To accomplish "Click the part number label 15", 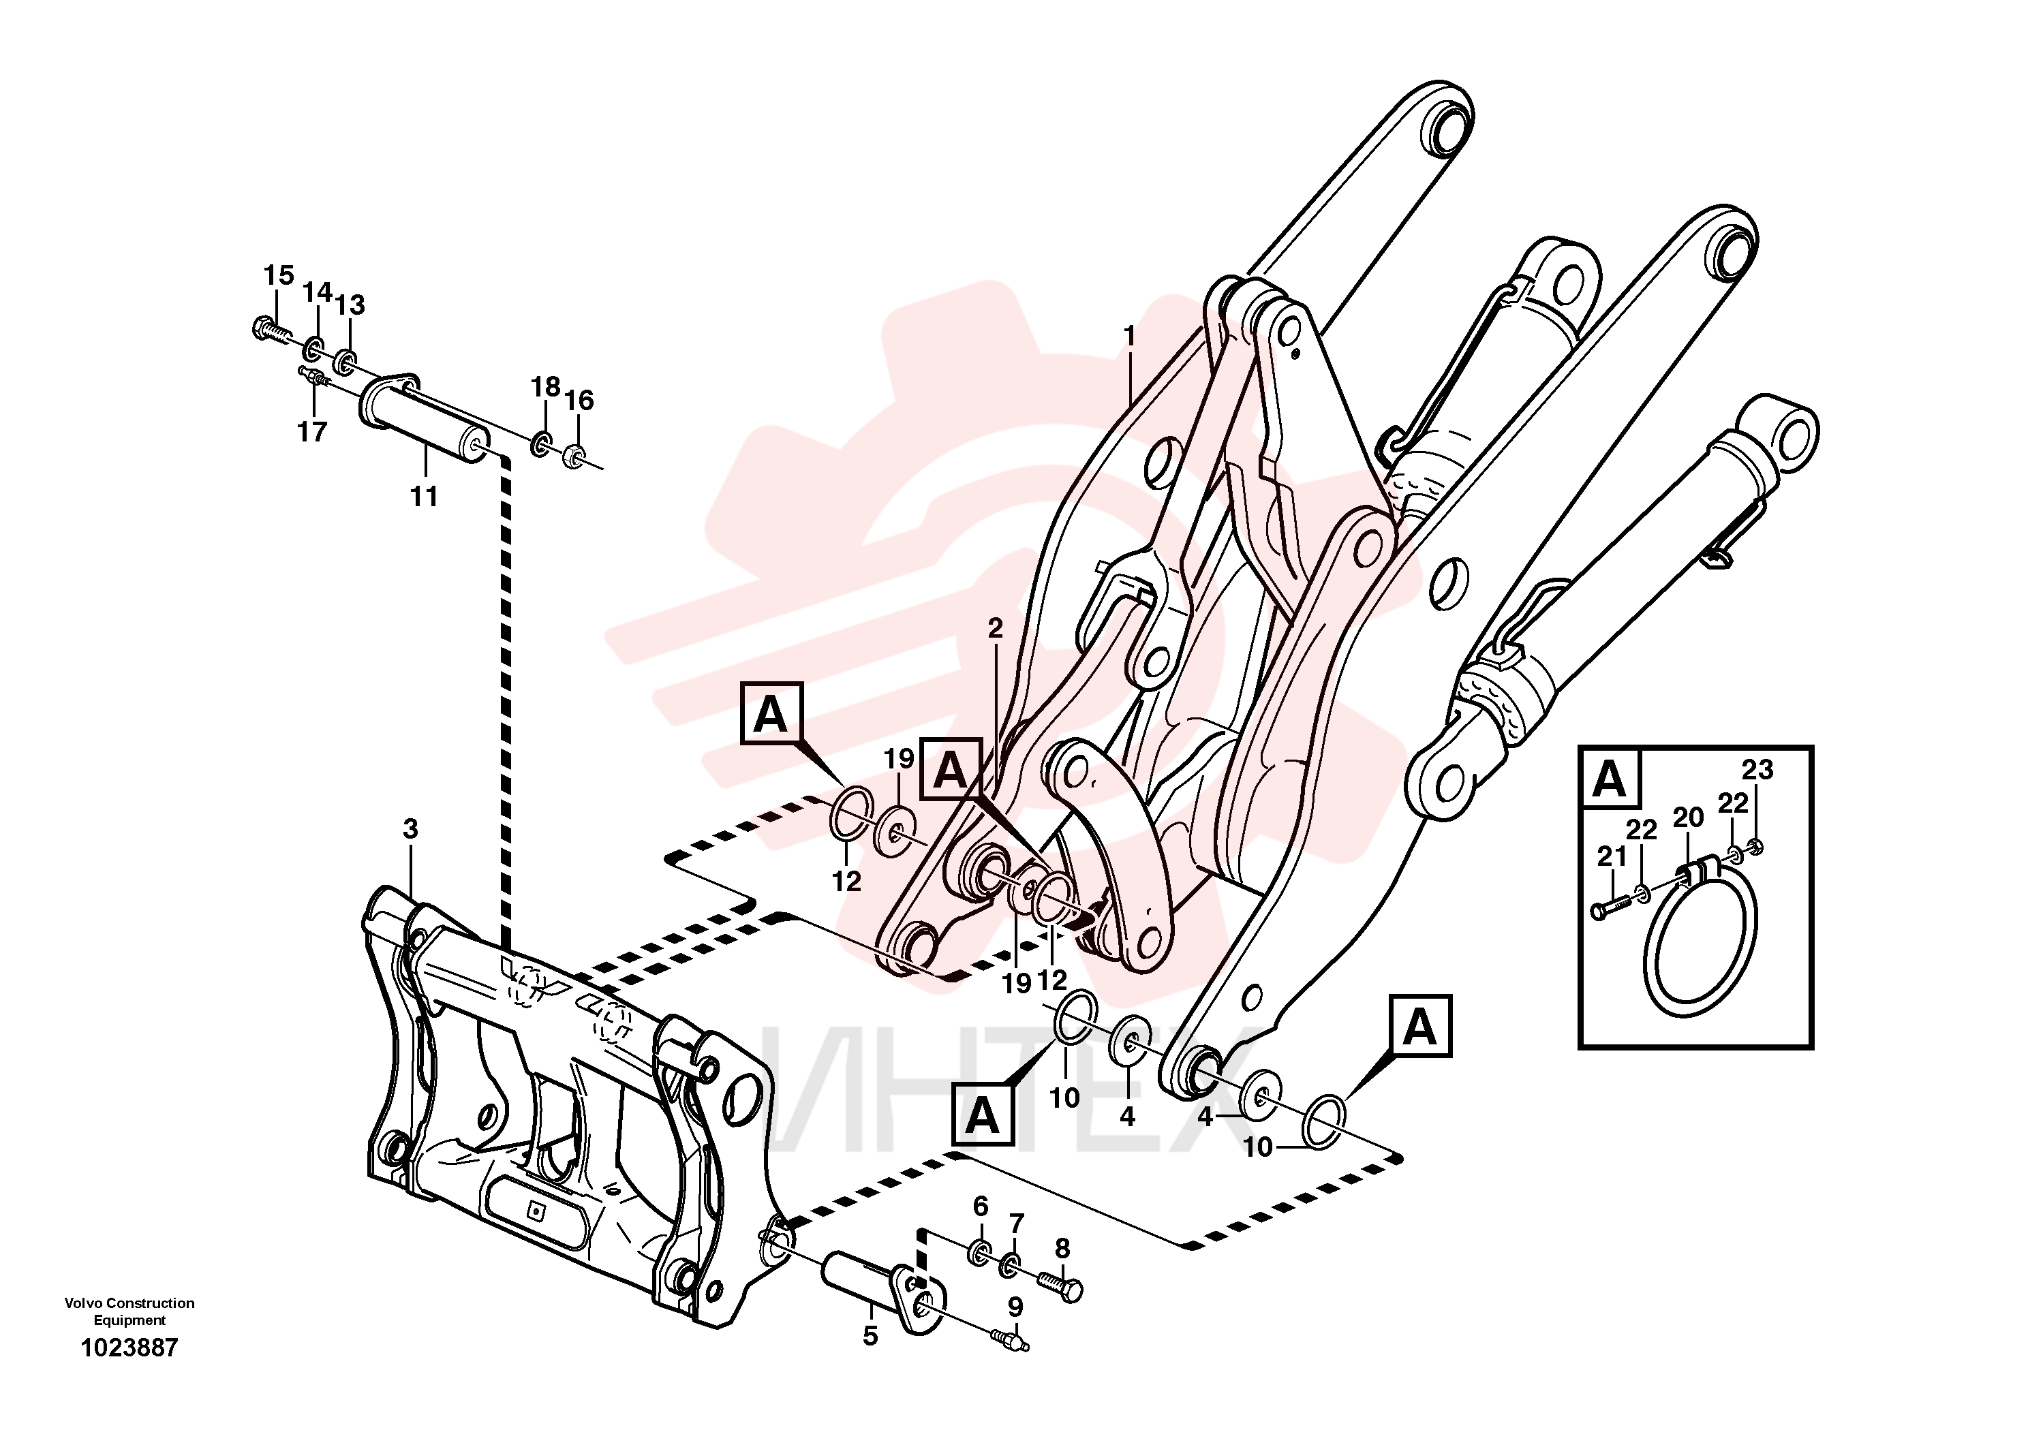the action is pyautogui.click(x=278, y=275).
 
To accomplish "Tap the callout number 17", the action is pyautogui.click(x=312, y=432).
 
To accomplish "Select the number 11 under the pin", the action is pyautogui.click(x=424, y=497).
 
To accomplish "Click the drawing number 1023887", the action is pyautogui.click(x=130, y=1348).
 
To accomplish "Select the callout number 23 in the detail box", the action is pyautogui.click(x=1757, y=770).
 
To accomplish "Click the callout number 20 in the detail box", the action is pyautogui.click(x=1688, y=818).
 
